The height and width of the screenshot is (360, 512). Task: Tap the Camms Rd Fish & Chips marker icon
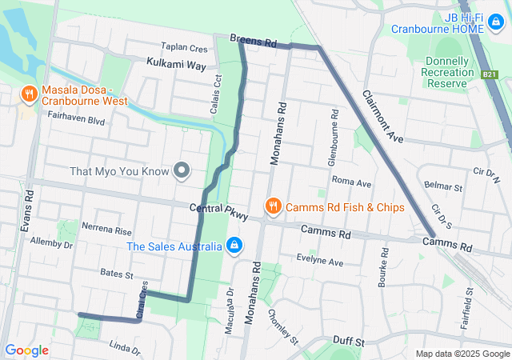coord(273,206)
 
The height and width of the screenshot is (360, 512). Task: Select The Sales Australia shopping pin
coord(234,245)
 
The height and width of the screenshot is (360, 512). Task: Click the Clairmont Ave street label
coord(382,115)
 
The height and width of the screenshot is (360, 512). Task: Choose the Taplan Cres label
coord(183,48)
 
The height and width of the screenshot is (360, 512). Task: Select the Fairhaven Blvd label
coord(76,121)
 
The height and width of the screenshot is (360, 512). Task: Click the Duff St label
coord(349,342)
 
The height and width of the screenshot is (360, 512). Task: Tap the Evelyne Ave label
coord(319,262)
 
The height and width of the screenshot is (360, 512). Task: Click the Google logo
coord(27,350)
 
